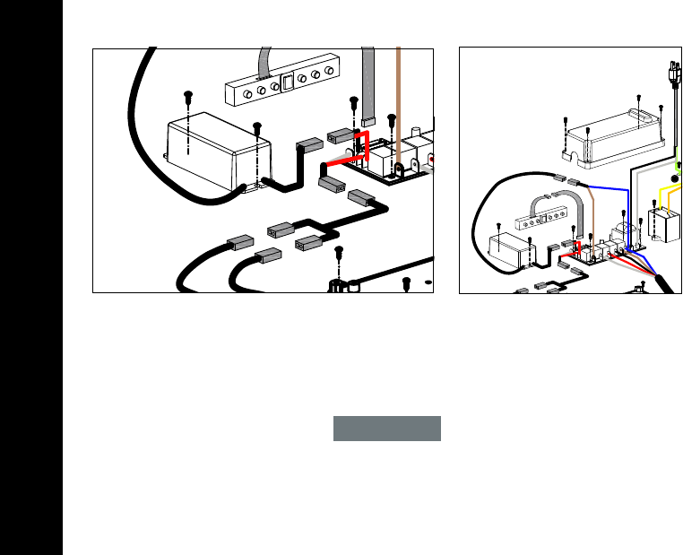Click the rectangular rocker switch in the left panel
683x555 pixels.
pos(288,84)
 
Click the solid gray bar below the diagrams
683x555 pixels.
pos(387,429)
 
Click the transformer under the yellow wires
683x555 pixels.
pos(666,226)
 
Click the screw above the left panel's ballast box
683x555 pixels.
pos(188,95)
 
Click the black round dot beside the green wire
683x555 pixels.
pos(675,179)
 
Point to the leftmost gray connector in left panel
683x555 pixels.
pos(242,241)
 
